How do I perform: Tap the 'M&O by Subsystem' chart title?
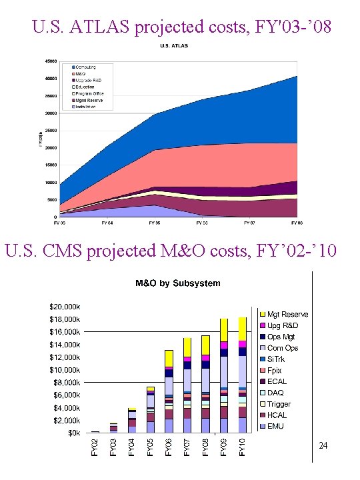(x=178, y=283)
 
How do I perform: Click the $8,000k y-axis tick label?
(x=67, y=383)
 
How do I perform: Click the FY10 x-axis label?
(x=243, y=447)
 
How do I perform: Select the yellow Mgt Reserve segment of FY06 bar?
(x=169, y=359)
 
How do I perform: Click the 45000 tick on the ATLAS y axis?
(x=50, y=61)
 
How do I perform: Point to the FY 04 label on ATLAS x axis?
(x=107, y=222)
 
